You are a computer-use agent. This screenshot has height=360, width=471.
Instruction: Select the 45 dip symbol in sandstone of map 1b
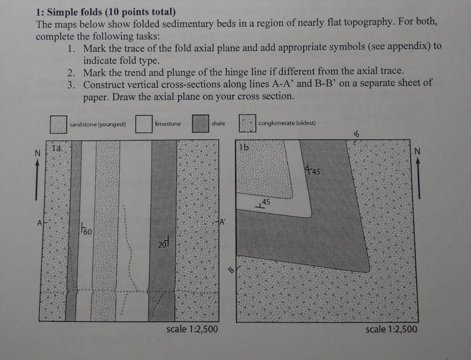click(x=264, y=203)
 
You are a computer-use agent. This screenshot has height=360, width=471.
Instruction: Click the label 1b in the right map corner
click(x=244, y=148)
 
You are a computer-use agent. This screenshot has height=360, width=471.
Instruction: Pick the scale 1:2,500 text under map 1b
click(x=391, y=329)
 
